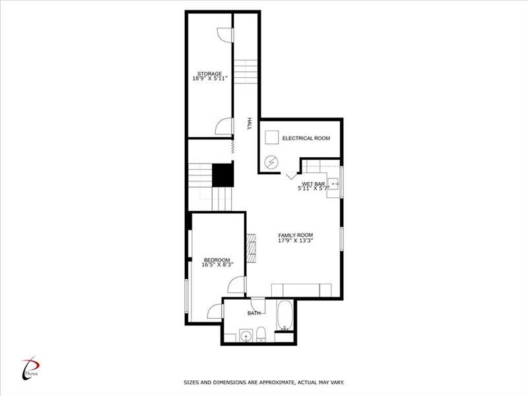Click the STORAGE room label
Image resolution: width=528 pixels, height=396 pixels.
pyautogui.click(x=209, y=74)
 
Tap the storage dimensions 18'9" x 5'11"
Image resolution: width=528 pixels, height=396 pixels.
pyautogui.click(x=210, y=79)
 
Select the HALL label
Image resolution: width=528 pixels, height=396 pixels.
pyautogui.click(x=249, y=123)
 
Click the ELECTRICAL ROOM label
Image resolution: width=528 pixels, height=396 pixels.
pyautogui.click(x=306, y=138)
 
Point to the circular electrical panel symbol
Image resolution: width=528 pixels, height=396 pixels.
pyautogui.click(x=271, y=162)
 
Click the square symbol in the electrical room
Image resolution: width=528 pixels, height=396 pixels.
pyautogui.click(x=271, y=137)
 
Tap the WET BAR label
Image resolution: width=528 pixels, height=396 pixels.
pyautogui.click(x=313, y=184)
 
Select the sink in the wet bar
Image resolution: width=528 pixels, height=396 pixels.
pyautogui.click(x=333, y=184)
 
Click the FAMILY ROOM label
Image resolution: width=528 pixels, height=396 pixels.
pyautogui.click(x=295, y=235)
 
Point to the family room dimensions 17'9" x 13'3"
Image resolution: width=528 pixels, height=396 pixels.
pyautogui.click(x=296, y=240)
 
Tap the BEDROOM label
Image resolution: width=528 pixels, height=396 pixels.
pyautogui.click(x=217, y=260)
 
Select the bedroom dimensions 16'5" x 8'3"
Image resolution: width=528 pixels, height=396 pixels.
pyautogui.click(x=217, y=265)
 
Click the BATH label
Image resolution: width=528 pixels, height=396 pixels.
pyautogui.click(x=254, y=313)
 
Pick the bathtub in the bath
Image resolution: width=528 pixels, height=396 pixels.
pyautogui.click(x=285, y=315)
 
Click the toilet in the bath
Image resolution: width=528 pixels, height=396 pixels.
pyautogui.click(x=261, y=335)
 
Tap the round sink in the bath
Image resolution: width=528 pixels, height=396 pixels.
pyautogui.click(x=246, y=336)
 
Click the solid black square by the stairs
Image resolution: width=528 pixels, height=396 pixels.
pyautogui.click(x=222, y=175)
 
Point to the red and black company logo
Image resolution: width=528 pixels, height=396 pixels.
pyautogui.click(x=30, y=368)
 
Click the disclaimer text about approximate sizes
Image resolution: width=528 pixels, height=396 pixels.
pyautogui.click(x=264, y=383)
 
